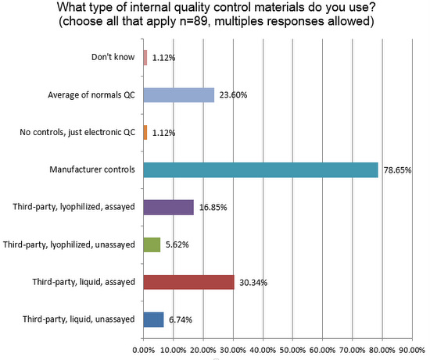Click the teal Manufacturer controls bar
pyautogui.click(x=260, y=169)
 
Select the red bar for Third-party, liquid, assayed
pyautogui.click(x=188, y=282)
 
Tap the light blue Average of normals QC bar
pyautogui.click(x=178, y=94)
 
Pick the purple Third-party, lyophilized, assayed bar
pyautogui.click(x=168, y=207)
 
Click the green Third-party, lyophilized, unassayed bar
pyautogui.click(x=152, y=244)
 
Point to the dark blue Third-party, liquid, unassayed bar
pyautogui.click(x=153, y=319)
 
